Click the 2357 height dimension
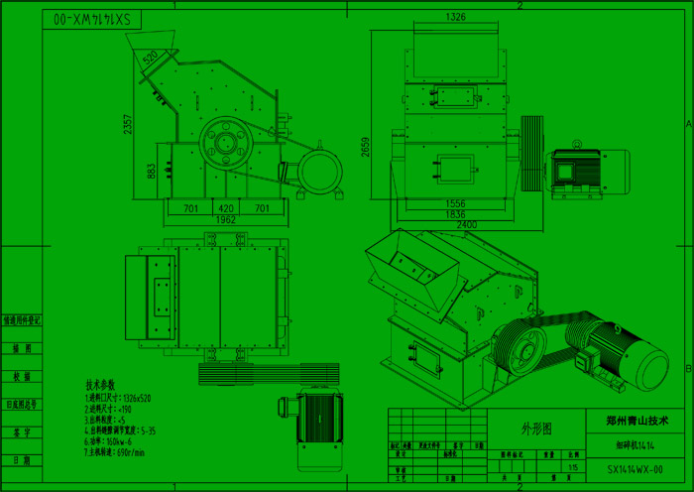coord(128,124)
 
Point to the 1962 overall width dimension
coord(226,219)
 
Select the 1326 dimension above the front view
coord(456,18)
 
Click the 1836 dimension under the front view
coord(455,213)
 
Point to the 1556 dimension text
coord(455,203)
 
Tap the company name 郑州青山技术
coord(637,420)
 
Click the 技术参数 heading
coord(100,384)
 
